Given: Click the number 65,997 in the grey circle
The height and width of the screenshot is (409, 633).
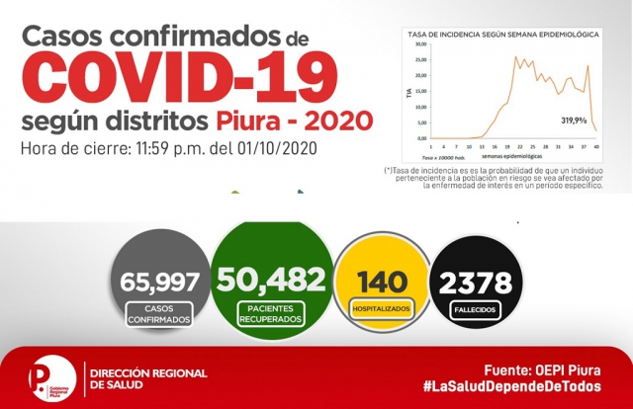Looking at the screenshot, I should click(158, 282).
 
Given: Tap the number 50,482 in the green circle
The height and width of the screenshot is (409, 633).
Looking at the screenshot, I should click(269, 278).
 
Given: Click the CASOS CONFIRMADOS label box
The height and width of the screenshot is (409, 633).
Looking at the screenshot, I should click(158, 315).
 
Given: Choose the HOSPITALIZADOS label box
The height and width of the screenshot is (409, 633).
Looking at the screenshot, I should click(379, 309).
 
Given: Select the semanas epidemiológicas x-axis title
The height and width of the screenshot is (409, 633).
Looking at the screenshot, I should click(513, 156).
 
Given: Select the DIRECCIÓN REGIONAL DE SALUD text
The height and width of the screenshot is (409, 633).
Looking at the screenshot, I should click(148, 378).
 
